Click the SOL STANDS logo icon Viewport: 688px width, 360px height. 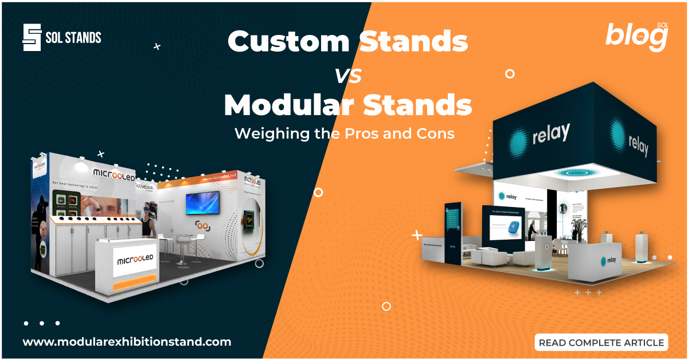tap(32, 38)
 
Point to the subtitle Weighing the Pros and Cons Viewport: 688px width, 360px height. tap(345, 134)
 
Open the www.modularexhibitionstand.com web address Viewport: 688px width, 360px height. tap(127, 342)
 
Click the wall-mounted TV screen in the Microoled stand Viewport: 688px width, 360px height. tap(202, 203)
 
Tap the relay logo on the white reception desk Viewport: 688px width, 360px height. tap(608, 260)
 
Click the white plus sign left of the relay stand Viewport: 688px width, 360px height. tap(417, 235)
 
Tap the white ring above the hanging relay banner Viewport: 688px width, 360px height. tap(509, 73)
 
